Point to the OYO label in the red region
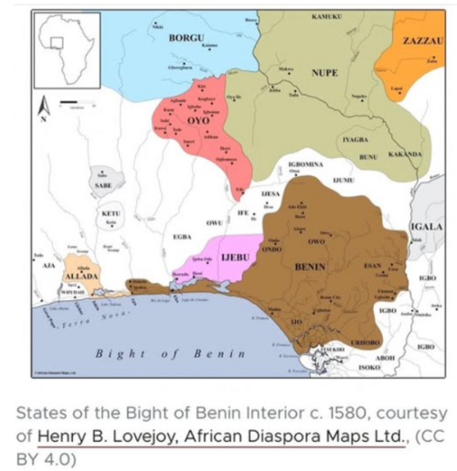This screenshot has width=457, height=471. pyautogui.click(x=199, y=119)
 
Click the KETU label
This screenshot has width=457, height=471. pyautogui.click(x=109, y=212)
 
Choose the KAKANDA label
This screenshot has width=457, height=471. pyautogui.click(x=405, y=155)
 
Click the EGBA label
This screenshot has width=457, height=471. pyautogui.click(x=182, y=236)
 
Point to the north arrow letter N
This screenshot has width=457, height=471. pyautogui.click(x=43, y=113)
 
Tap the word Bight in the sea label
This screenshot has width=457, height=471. pyautogui.click(x=117, y=352)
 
